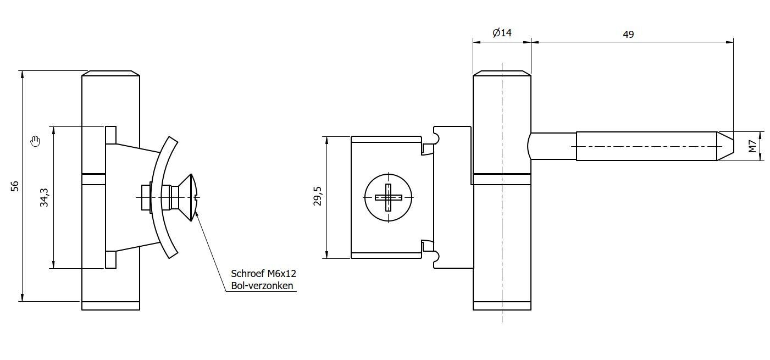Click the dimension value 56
(15, 186)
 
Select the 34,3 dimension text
(45, 197)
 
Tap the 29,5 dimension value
(317, 196)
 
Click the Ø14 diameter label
(502, 33)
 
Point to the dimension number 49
(628, 34)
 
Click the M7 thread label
(752, 146)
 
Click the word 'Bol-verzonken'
(262, 286)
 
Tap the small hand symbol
(36, 141)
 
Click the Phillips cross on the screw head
(389, 197)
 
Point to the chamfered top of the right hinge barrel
(502, 73)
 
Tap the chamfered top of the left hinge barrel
(110, 73)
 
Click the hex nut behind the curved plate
(145, 197)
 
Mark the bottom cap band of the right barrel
(502, 306)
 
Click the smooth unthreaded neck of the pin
(552, 146)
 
